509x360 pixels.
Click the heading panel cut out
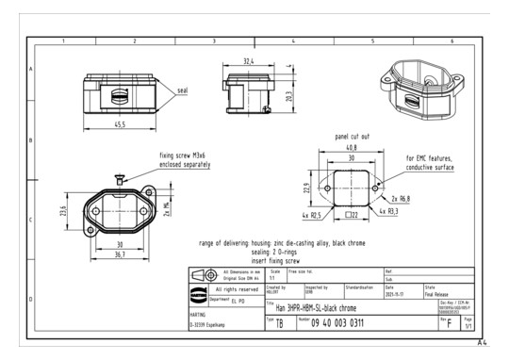click(x=352, y=136)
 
